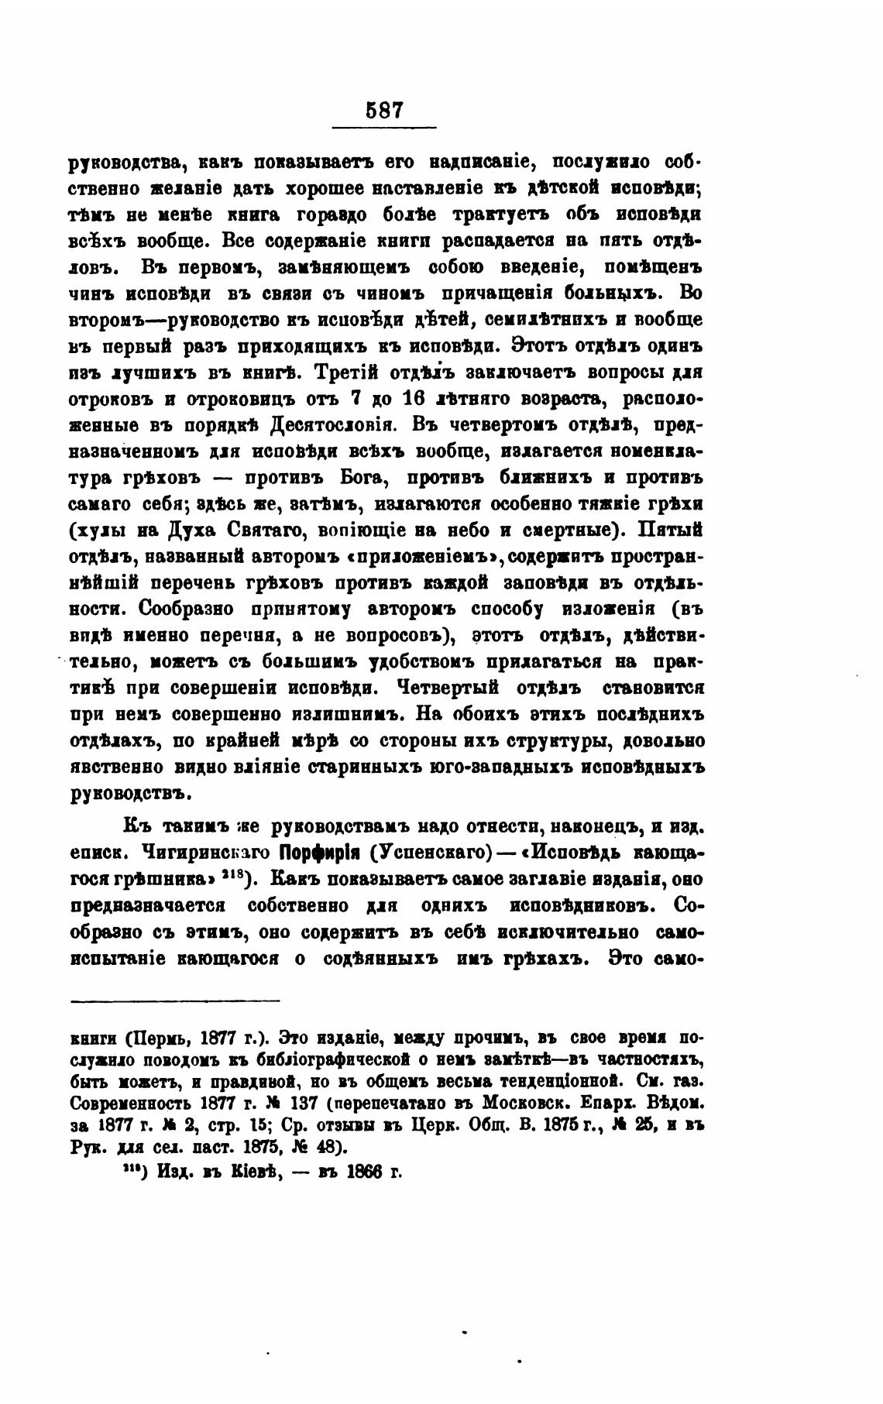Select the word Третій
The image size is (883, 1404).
(345, 372)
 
